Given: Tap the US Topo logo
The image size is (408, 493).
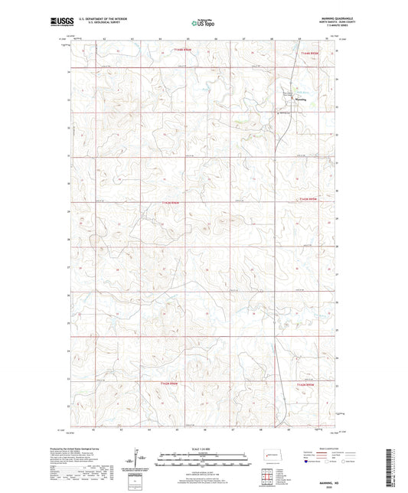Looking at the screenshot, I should (203, 24).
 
